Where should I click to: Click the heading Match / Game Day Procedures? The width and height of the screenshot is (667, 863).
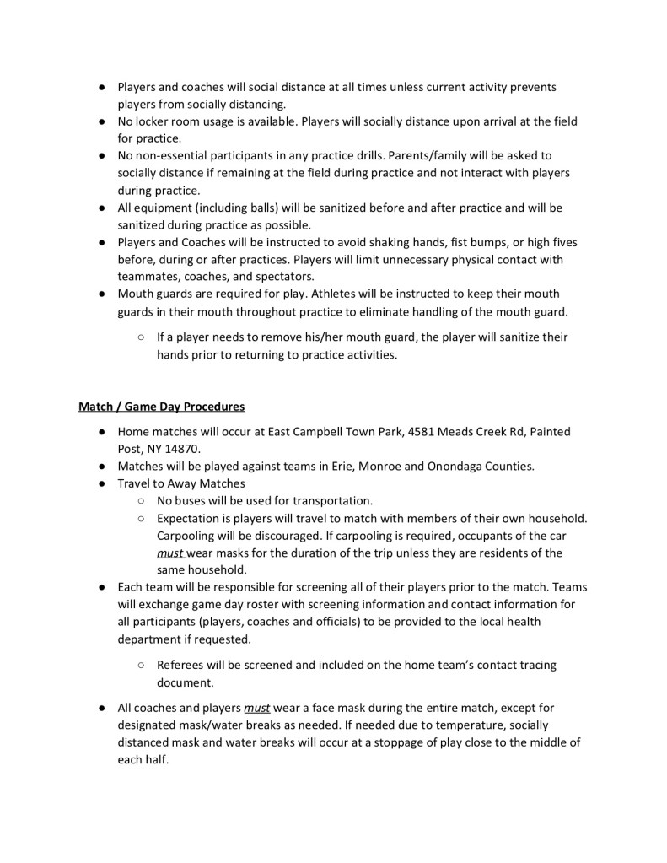[x=162, y=407]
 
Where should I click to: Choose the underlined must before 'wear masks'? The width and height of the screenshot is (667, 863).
[x=169, y=553]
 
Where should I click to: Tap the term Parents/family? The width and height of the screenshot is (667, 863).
[x=415, y=156]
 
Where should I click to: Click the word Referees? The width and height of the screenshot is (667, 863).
[x=183, y=666]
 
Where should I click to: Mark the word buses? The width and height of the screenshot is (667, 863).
[x=193, y=500]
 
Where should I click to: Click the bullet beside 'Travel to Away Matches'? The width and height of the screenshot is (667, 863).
[x=100, y=483]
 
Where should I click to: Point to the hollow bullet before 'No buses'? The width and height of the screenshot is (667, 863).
[x=139, y=500]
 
